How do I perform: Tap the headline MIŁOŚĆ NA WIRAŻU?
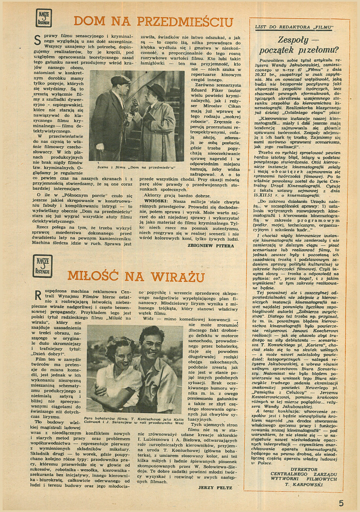click(x=136, y=276)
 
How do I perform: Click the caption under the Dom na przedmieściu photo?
click(x=136, y=167)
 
